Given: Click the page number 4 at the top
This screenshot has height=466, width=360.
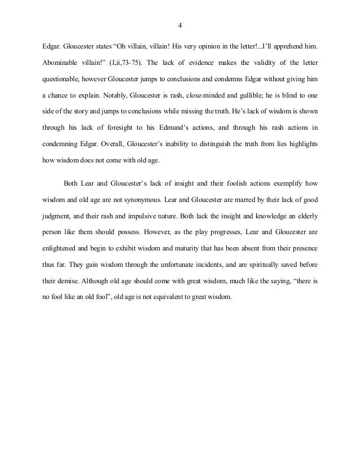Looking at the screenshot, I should click(x=179, y=25).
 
